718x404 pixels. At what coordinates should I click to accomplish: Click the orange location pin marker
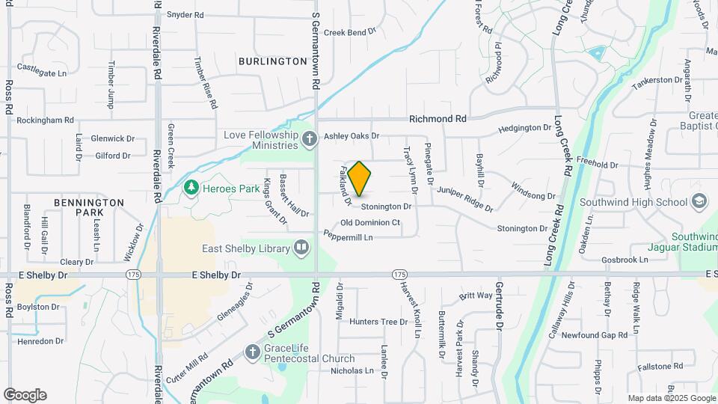pos(360,178)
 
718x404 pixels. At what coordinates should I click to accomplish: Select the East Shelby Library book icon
pos(301,247)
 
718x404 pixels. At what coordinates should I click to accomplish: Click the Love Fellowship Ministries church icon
pos(308,138)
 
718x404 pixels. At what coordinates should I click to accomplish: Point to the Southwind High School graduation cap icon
pos(699,202)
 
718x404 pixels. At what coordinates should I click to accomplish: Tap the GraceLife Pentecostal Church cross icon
pos(253,351)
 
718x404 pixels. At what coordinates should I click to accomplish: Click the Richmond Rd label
pos(438,119)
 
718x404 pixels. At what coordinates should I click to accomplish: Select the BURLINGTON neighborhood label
pos(273,61)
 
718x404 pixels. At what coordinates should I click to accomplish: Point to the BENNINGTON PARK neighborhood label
pos(89,207)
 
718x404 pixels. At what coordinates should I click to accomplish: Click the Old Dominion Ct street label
pos(370,223)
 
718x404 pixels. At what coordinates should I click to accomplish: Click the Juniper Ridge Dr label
pos(465,198)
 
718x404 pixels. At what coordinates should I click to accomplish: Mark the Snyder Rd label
pos(185,14)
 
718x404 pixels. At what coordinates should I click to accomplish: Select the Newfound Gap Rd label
pos(595,335)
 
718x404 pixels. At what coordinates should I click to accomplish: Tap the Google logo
pos(25,395)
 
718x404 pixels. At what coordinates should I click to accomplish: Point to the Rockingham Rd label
pos(45,120)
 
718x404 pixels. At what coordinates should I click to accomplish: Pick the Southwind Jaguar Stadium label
pos(693,242)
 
